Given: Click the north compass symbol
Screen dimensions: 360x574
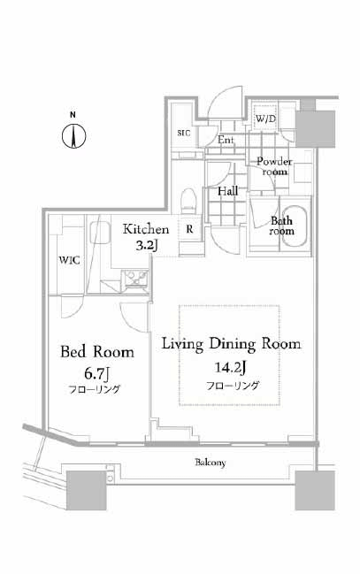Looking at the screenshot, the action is tap(73, 136).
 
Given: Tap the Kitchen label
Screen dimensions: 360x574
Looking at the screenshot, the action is tap(146, 229).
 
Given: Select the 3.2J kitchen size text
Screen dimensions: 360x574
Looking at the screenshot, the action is tap(147, 245).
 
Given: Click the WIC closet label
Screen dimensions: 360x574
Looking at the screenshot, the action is tap(70, 260).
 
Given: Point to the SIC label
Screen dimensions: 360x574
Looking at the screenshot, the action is tap(184, 133).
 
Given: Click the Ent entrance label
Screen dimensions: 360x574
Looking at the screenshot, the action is tap(226, 140).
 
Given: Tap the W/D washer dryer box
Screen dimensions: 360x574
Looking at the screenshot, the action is tap(266, 119).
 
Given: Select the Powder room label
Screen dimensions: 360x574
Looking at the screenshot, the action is tap(274, 166).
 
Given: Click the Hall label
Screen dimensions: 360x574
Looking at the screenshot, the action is tap(228, 191).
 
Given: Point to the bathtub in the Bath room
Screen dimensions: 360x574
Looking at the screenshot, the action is tap(296, 226).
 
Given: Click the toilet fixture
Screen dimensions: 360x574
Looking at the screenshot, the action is tap(189, 200).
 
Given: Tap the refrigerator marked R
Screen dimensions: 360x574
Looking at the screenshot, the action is tap(189, 230).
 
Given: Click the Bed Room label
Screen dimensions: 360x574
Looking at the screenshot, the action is tap(97, 352).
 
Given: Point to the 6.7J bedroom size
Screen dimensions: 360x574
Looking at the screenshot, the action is tap(97, 373).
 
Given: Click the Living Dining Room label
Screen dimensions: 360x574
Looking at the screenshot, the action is tap(232, 344).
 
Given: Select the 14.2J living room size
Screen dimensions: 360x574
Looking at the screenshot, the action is tap(230, 367).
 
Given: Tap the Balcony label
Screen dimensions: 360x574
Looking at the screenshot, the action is tap(211, 463).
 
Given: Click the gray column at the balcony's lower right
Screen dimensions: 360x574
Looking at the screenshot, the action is tap(315, 490).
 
